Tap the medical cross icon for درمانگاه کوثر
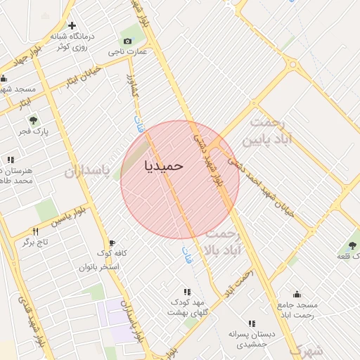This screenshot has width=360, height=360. coord(72,25)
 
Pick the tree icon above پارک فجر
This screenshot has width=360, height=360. coord(33,120)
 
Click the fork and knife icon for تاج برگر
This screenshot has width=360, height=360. coord(34,231)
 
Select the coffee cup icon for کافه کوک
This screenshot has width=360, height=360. coord(111,243)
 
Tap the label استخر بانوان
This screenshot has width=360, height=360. coord(99,267)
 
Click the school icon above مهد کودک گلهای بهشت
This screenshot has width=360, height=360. coord(187,292)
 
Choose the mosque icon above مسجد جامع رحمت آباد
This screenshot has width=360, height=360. coord(297,294)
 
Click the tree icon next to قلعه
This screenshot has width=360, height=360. coord(352,245)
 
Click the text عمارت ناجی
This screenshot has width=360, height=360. coord(132,51)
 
